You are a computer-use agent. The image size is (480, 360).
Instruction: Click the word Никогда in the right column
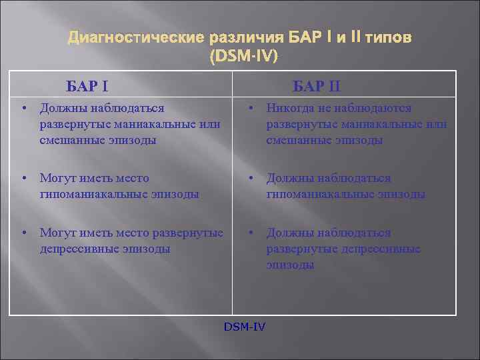[289, 107]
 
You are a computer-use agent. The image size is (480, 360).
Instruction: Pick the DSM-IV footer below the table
[245, 326]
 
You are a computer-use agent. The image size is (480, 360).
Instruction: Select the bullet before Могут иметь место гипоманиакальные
[23, 179]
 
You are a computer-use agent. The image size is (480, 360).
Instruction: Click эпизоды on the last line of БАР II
[290, 265]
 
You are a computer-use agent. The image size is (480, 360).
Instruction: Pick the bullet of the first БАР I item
[23, 108]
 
